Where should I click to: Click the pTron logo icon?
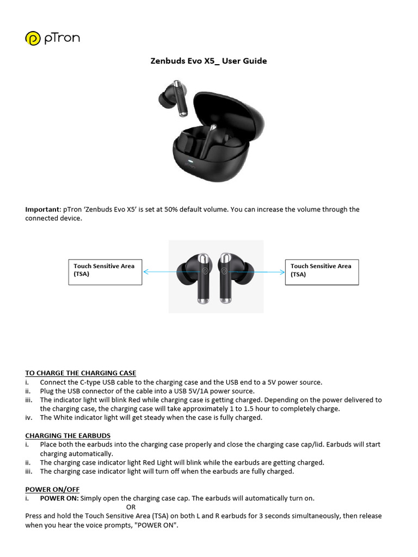(x=33, y=39)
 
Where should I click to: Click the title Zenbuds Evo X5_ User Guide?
(x=208, y=61)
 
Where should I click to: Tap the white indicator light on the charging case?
(x=190, y=162)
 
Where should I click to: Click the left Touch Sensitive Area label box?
(x=104, y=270)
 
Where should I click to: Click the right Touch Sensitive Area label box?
(x=322, y=270)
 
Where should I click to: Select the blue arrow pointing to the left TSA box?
(x=158, y=270)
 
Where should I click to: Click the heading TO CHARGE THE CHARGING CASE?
(x=81, y=373)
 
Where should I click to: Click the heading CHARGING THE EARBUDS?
(x=68, y=436)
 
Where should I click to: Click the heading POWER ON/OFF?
(x=52, y=490)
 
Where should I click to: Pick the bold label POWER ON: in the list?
(x=59, y=498)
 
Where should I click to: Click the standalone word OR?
(x=131, y=507)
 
